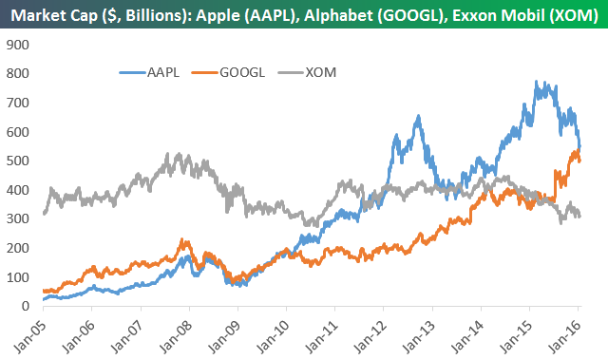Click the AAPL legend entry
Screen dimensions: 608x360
pos(149,72)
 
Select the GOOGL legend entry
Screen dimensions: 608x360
pos(228,72)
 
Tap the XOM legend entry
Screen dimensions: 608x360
pos(307,72)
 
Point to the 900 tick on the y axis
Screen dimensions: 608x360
pos(18,45)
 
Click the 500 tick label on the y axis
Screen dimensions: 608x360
pos(18,161)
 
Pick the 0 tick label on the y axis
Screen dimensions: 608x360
pos(26,306)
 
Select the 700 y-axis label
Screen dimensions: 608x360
pos(18,103)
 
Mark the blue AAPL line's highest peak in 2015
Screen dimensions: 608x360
pos(536,81)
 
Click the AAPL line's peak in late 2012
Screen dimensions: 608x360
pos(418,116)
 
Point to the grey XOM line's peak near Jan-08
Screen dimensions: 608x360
pos(179,153)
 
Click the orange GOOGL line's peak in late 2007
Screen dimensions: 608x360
pos(182,239)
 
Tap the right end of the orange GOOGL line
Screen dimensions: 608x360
pos(579,161)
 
